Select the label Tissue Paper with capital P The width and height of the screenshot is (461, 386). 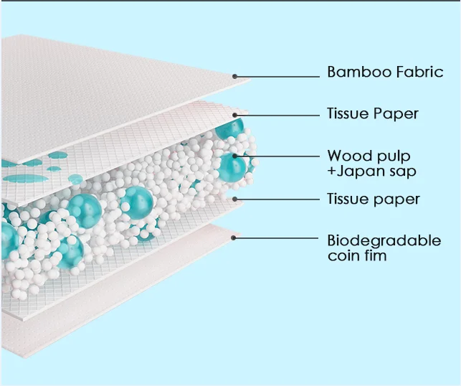[373, 113]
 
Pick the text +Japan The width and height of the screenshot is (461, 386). [356, 171]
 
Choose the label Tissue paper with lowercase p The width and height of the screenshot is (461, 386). [373, 199]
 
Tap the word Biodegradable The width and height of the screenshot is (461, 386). [384, 240]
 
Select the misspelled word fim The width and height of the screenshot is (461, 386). [375, 255]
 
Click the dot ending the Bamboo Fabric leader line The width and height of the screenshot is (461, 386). [234, 75]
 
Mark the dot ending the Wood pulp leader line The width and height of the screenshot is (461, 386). [234, 156]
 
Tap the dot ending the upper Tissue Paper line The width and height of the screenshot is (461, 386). [234, 113]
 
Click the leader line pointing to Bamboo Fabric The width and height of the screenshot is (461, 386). [276, 75]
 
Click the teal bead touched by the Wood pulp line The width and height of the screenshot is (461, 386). [231, 164]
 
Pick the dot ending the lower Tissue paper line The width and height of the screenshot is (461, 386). [234, 199]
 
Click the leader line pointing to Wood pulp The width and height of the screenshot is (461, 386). [276, 156]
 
